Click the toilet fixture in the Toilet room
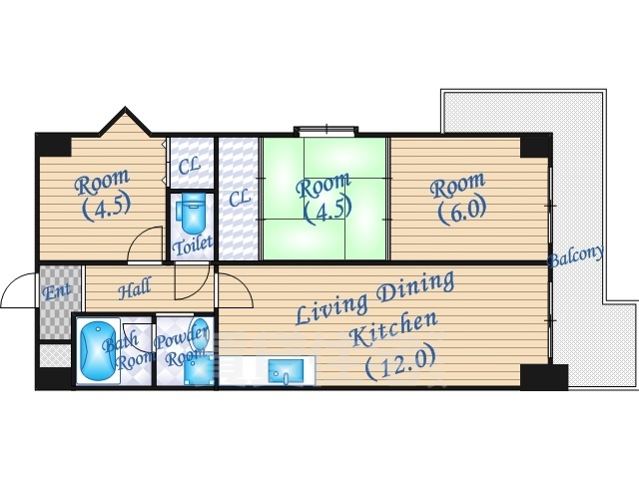click(x=191, y=216)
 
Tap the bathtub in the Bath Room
click(x=97, y=351)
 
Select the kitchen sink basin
click(x=286, y=371)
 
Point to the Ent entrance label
click(x=57, y=290)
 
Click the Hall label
click(x=134, y=288)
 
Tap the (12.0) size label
click(x=399, y=363)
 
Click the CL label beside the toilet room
click(x=189, y=167)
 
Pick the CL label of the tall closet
click(x=239, y=199)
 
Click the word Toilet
click(x=192, y=244)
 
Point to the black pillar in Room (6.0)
click(x=535, y=148)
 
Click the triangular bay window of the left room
click(x=125, y=121)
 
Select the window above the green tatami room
click(x=326, y=131)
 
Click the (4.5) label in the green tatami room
click(x=328, y=212)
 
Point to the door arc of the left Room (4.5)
click(x=145, y=243)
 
